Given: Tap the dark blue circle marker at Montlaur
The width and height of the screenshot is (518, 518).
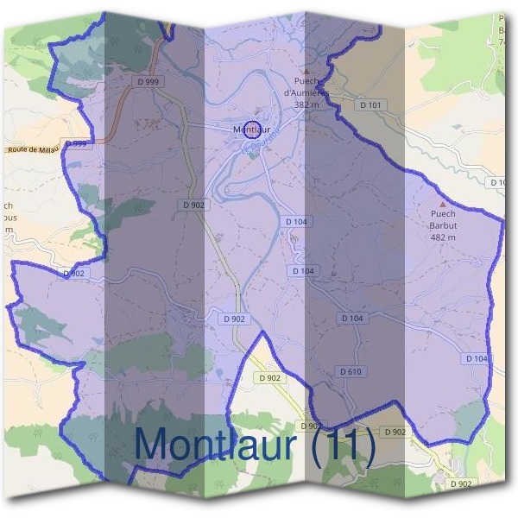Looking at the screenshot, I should pyautogui.click(x=252, y=129).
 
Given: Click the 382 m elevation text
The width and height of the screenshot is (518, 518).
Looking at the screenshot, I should pyautogui.click(x=306, y=104).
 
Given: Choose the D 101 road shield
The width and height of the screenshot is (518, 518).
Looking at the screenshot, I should pyautogui.click(x=371, y=104).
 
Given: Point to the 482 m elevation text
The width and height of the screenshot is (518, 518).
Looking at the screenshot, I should pyautogui.click(x=442, y=237).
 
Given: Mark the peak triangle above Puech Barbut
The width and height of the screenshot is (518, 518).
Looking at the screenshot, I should pyautogui.click(x=443, y=203).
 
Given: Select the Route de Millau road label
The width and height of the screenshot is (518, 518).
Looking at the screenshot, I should pyautogui.click(x=33, y=149).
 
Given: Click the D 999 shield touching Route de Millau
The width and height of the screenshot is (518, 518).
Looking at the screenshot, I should pyautogui.click(x=77, y=143).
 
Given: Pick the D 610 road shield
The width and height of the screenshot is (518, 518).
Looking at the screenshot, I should pyautogui.click(x=351, y=371).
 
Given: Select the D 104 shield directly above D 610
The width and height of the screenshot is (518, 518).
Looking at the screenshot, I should pyautogui.click(x=351, y=319).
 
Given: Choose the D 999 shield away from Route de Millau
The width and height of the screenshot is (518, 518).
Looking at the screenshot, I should pyautogui.click(x=148, y=80).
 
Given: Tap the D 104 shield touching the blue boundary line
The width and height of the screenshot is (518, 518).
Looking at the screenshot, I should pyautogui.click(x=477, y=358).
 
